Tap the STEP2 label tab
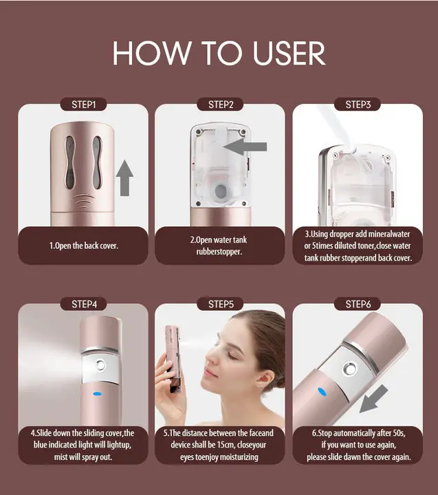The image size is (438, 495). click(221, 104)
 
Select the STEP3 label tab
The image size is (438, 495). click(358, 104)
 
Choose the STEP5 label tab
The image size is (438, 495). click(221, 304)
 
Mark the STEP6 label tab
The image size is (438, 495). click(358, 304)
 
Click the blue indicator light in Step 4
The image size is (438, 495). click(97, 395)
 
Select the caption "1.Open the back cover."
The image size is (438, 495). click(83, 245)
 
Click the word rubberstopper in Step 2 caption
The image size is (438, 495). click(221, 252)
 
